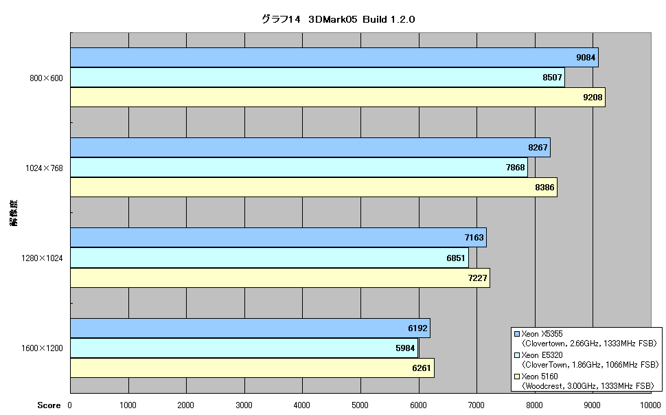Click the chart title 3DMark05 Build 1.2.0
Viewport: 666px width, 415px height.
point(338,19)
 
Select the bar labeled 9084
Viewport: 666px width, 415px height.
point(334,58)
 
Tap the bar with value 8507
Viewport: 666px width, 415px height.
point(318,78)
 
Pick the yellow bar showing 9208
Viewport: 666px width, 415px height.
point(338,97)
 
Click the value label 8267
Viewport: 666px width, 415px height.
point(538,148)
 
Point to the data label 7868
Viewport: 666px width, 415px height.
point(515,168)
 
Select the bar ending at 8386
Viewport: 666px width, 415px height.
point(314,187)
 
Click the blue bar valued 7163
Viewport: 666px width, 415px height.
point(279,237)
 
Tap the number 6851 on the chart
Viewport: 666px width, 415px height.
point(456,258)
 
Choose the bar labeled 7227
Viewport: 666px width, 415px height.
point(280,278)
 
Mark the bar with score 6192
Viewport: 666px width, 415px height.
point(250,328)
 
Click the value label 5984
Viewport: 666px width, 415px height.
point(405,348)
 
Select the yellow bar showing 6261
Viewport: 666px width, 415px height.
point(252,368)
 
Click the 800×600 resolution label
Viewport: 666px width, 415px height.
point(46,78)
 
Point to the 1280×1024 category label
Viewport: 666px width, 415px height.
point(42,258)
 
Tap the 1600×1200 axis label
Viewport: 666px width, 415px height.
point(42,348)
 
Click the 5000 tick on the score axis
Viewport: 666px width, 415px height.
point(360,405)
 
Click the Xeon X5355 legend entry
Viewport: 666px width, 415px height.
point(586,339)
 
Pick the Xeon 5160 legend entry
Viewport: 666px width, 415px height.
point(584,381)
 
